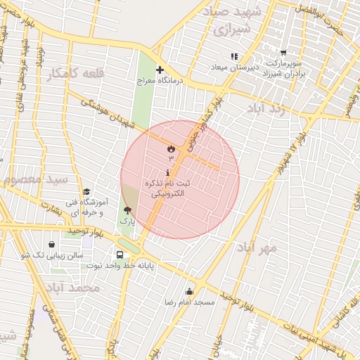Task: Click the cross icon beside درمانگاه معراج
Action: pyautogui.click(x=160, y=70)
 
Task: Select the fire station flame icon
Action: pyautogui.click(x=170, y=148)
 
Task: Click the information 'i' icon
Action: pyautogui.click(x=167, y=173)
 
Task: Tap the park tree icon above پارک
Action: pyautogui.click(x=127, y=210)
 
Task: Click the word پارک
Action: pyautogui.click(x=127, y=221)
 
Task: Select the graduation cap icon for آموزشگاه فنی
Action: pyautogui.click(x=86, y=191)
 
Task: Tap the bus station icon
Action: pyautogui.click(x=120, y=255)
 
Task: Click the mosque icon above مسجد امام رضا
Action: pyautogui.click(x=188, y=291)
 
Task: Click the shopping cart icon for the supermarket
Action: pyautogui.click(x=283, y=53)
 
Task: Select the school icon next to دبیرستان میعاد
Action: pyautogui.click(x=234, y=56)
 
